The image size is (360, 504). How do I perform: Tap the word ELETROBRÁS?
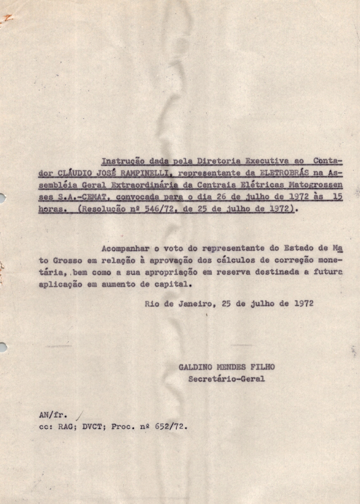click(x=286, y=173)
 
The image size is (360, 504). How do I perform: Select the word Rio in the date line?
click(x=152, y=303)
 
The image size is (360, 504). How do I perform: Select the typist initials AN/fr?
click(x=49, y=415)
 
